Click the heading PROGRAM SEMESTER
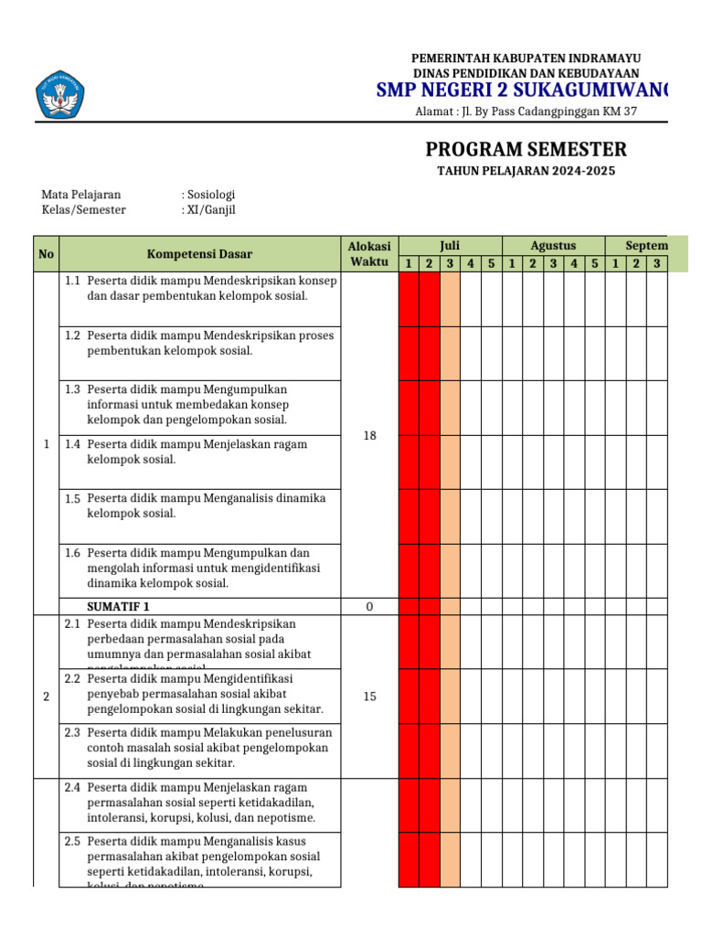point(526,150)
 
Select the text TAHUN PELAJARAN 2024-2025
point(526,172)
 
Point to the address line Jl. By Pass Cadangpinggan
point(526,112)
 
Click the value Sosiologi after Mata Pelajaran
point(211,195)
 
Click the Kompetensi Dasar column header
point(199,254)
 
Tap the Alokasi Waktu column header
point(369,254)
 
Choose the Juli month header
point(450,246)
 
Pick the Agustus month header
point(553,246)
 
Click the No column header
point(46,254)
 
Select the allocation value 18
point(369,436)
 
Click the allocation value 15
point(369,697)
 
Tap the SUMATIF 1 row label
point(118,607)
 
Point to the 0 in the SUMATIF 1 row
point(369,607)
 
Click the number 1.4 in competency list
point(73,444)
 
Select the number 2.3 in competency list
point(73,732)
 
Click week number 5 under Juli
point(491,264)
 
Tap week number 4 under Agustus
point(573,264)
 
